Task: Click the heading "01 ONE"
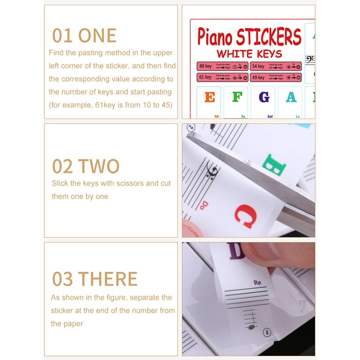pyautogui.click(x=84, y=36)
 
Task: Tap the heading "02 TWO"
pyautogui.click(x=86, y=166)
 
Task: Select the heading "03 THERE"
pyautogui.click(x=95, y=279)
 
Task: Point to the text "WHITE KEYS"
pyautogui.click(x=249, y=54)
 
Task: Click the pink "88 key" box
pyautogui.click(x=222, y=66)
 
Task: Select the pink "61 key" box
pyautogui.click(x=222, y=77)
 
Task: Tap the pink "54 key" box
pyautogui.click(x=276, y=66)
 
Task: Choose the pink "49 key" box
pyautogui.click(x=276, y=77)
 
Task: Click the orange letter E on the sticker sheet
pyautogui.click(x=210, y=97)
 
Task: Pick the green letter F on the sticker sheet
pyautogui.click(x=237, y=97)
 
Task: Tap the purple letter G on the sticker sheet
pyautogui.click(x=264, y=97)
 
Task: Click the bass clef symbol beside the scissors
pyautogui.click(x=211, y=171)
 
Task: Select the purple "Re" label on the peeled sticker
pyautogui.click(x=257, y=283)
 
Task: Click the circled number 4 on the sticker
pyautogui.click(x=266, y=333)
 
